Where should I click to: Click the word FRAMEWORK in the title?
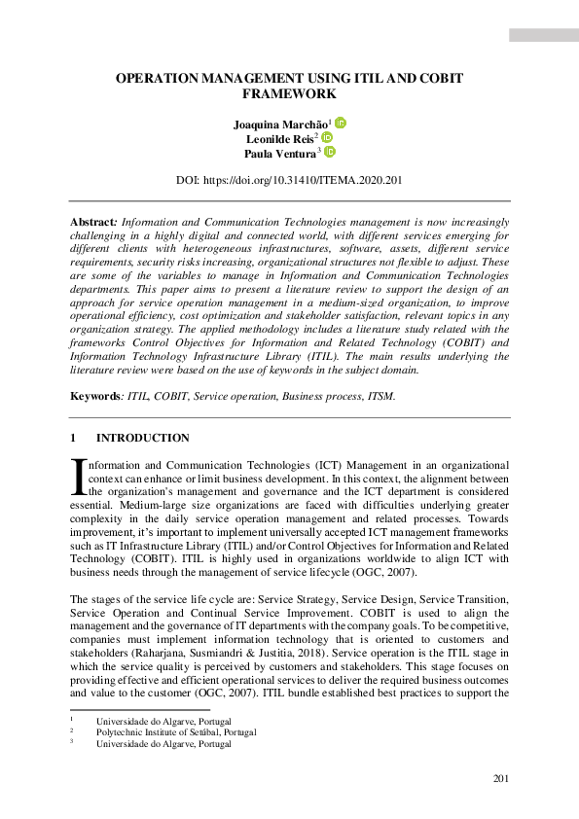(x=289, y=94)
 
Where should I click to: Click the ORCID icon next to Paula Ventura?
(x=330, y=153)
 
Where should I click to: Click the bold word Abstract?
(x=93, y=223)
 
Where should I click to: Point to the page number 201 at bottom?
(x=500, y=778)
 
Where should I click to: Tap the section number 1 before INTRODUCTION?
(x=73, y=439)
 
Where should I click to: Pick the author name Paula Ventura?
(x=284, y=153)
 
